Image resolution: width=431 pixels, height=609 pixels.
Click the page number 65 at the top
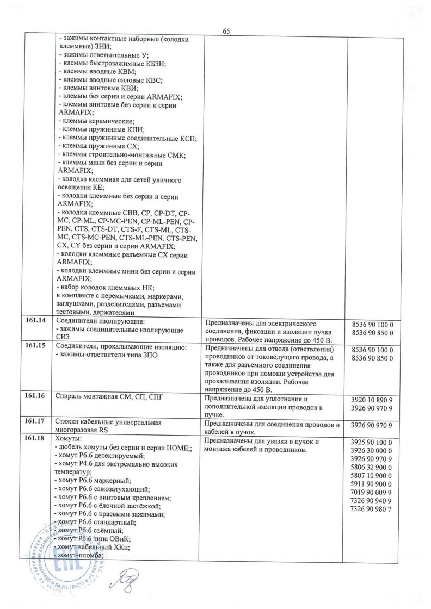226,32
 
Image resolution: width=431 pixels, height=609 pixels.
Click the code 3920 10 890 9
373,400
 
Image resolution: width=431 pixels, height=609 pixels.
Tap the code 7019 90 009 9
373,492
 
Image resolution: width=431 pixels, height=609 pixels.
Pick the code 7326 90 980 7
373,508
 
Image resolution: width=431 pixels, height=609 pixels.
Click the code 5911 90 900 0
373,484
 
